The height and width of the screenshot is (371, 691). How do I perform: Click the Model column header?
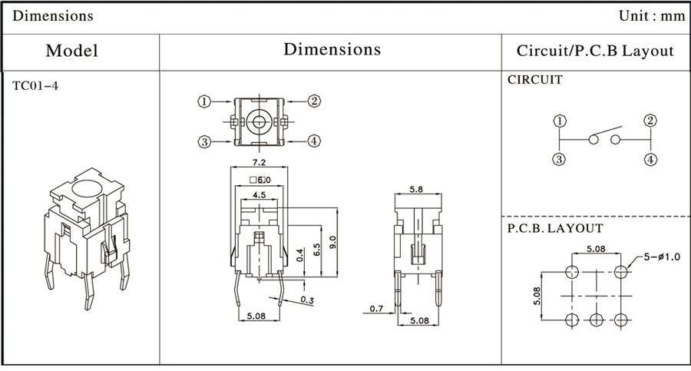pos(71,51)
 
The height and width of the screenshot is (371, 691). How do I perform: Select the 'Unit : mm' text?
pos(651,15)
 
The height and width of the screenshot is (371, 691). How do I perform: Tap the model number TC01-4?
pos(35,85)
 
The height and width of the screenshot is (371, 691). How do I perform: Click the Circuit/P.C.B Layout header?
pos(595,51)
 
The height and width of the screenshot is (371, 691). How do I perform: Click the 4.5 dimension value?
pos(259,194)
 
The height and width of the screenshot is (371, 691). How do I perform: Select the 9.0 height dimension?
pos(332,243)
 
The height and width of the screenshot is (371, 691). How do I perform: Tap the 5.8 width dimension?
pos(417,188)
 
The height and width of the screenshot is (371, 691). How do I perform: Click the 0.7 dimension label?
pos(376,309)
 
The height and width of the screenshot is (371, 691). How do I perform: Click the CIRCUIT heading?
pos(535,79)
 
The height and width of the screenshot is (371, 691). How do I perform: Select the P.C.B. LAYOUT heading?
pos(555,228)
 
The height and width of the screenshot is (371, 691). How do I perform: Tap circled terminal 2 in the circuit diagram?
pos(650,120)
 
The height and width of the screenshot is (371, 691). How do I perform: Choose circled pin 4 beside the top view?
pos(314,141)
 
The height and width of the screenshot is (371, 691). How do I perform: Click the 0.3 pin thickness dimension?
pos(307,300)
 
